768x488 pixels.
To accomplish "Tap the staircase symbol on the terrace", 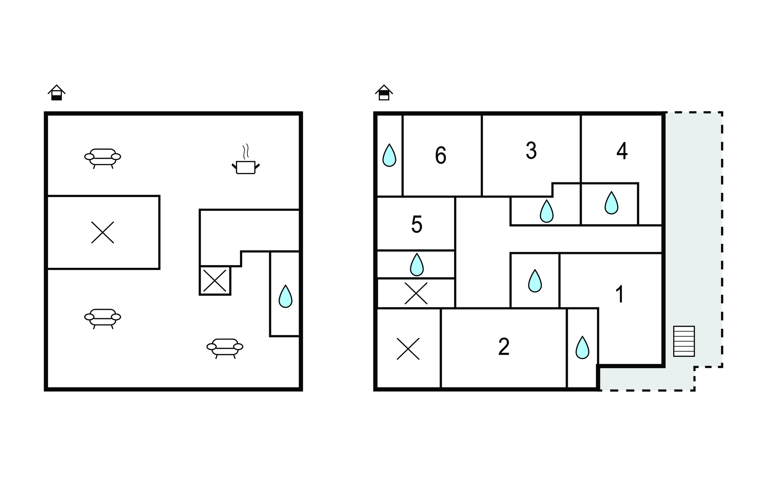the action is tap(684, 341).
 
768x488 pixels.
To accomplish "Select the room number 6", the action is tap(441, 155).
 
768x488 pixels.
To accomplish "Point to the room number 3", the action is tap(531, 151).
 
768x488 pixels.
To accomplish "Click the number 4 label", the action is tap(622, 151).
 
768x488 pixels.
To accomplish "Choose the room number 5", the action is tap(417, 224).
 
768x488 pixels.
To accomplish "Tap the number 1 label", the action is tap(619, 294).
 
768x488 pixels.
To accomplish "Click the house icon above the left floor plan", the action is tap(57, 93).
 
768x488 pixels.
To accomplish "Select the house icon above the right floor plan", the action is tap(384, 93).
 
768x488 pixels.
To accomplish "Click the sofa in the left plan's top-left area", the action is tap(103, 158).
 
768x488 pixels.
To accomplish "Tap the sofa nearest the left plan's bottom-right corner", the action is tap(225, 348).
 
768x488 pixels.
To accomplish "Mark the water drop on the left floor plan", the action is tap(285, 296).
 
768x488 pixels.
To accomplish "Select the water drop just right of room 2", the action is tap(582, 347).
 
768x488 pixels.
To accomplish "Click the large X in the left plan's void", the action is tap(103, 232).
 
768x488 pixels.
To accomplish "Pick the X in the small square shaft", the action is tap(214, 280).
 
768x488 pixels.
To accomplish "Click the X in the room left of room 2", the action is tap(408, 349).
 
